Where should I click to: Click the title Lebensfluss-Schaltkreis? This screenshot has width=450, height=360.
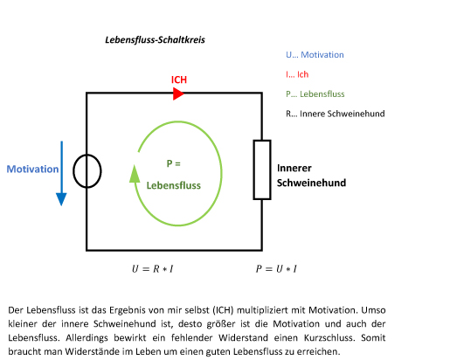point(155,40)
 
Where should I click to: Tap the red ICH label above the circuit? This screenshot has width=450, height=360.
point(179,80)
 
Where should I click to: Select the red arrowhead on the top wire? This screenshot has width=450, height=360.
point(178,93)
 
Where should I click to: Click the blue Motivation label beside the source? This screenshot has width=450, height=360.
point(32,170)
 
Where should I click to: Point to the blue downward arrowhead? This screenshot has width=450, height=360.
point(61,199)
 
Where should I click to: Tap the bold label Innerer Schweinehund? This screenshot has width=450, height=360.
point(311,176)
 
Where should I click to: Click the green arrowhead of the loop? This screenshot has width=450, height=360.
point(135,174)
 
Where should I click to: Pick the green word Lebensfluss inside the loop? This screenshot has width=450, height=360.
point(174,185)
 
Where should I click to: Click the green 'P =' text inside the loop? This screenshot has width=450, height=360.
point(174,163)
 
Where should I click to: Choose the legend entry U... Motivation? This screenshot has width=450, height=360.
point(315,55)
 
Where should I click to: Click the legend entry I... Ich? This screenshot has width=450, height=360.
point(297,74)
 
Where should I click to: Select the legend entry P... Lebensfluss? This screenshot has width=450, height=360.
point(315,94)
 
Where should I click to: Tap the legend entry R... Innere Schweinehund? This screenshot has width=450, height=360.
point(336,114)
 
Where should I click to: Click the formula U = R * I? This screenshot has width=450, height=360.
point(153,269)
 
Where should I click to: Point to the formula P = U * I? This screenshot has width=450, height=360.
point(276,269)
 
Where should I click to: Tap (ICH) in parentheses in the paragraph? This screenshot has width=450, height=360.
point(223,310)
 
